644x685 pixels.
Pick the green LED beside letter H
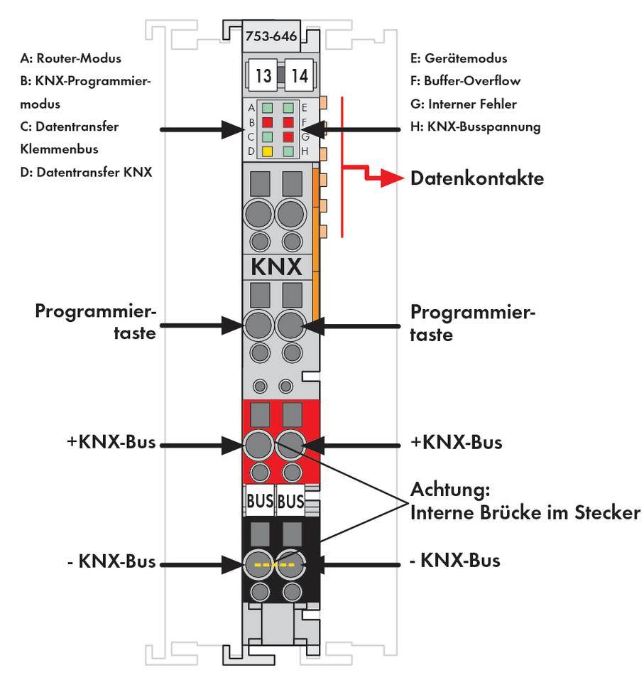288,151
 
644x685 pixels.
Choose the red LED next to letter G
288,136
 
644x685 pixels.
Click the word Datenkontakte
477,179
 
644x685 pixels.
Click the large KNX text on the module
275,268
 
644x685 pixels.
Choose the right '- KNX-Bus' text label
455,561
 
